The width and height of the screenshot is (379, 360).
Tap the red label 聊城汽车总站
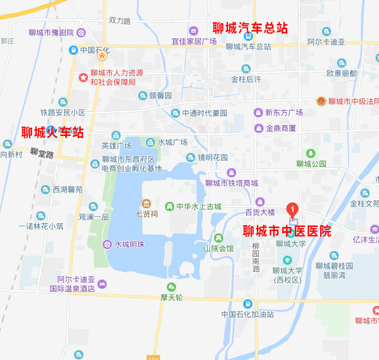pos(250,27)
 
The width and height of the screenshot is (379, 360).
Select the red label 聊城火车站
pos(52,132)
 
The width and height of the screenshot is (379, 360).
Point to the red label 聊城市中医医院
pos(286,231)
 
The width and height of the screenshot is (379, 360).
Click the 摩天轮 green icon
pos(171,286)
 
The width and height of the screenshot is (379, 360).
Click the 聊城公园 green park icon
pos(311,153)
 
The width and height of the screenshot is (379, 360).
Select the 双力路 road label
pos(120,20)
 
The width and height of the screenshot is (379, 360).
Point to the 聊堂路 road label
pos(42,155)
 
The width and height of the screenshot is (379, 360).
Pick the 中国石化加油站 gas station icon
pos(247,304)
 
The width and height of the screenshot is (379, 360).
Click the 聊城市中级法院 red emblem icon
pos(320,101)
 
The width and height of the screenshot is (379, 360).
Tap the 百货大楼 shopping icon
pos(260,202)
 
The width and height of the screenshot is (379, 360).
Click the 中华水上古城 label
pos(199,206)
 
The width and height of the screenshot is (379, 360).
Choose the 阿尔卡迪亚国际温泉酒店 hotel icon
pos(103,284)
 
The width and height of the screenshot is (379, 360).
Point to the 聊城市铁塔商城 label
pos(231,183)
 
